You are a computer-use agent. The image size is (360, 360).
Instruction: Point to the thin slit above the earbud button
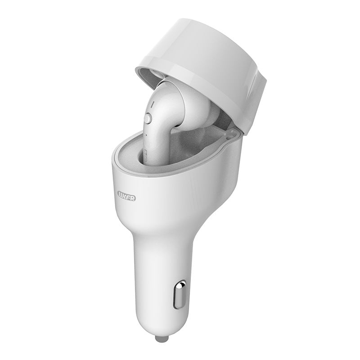coord(152,104)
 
